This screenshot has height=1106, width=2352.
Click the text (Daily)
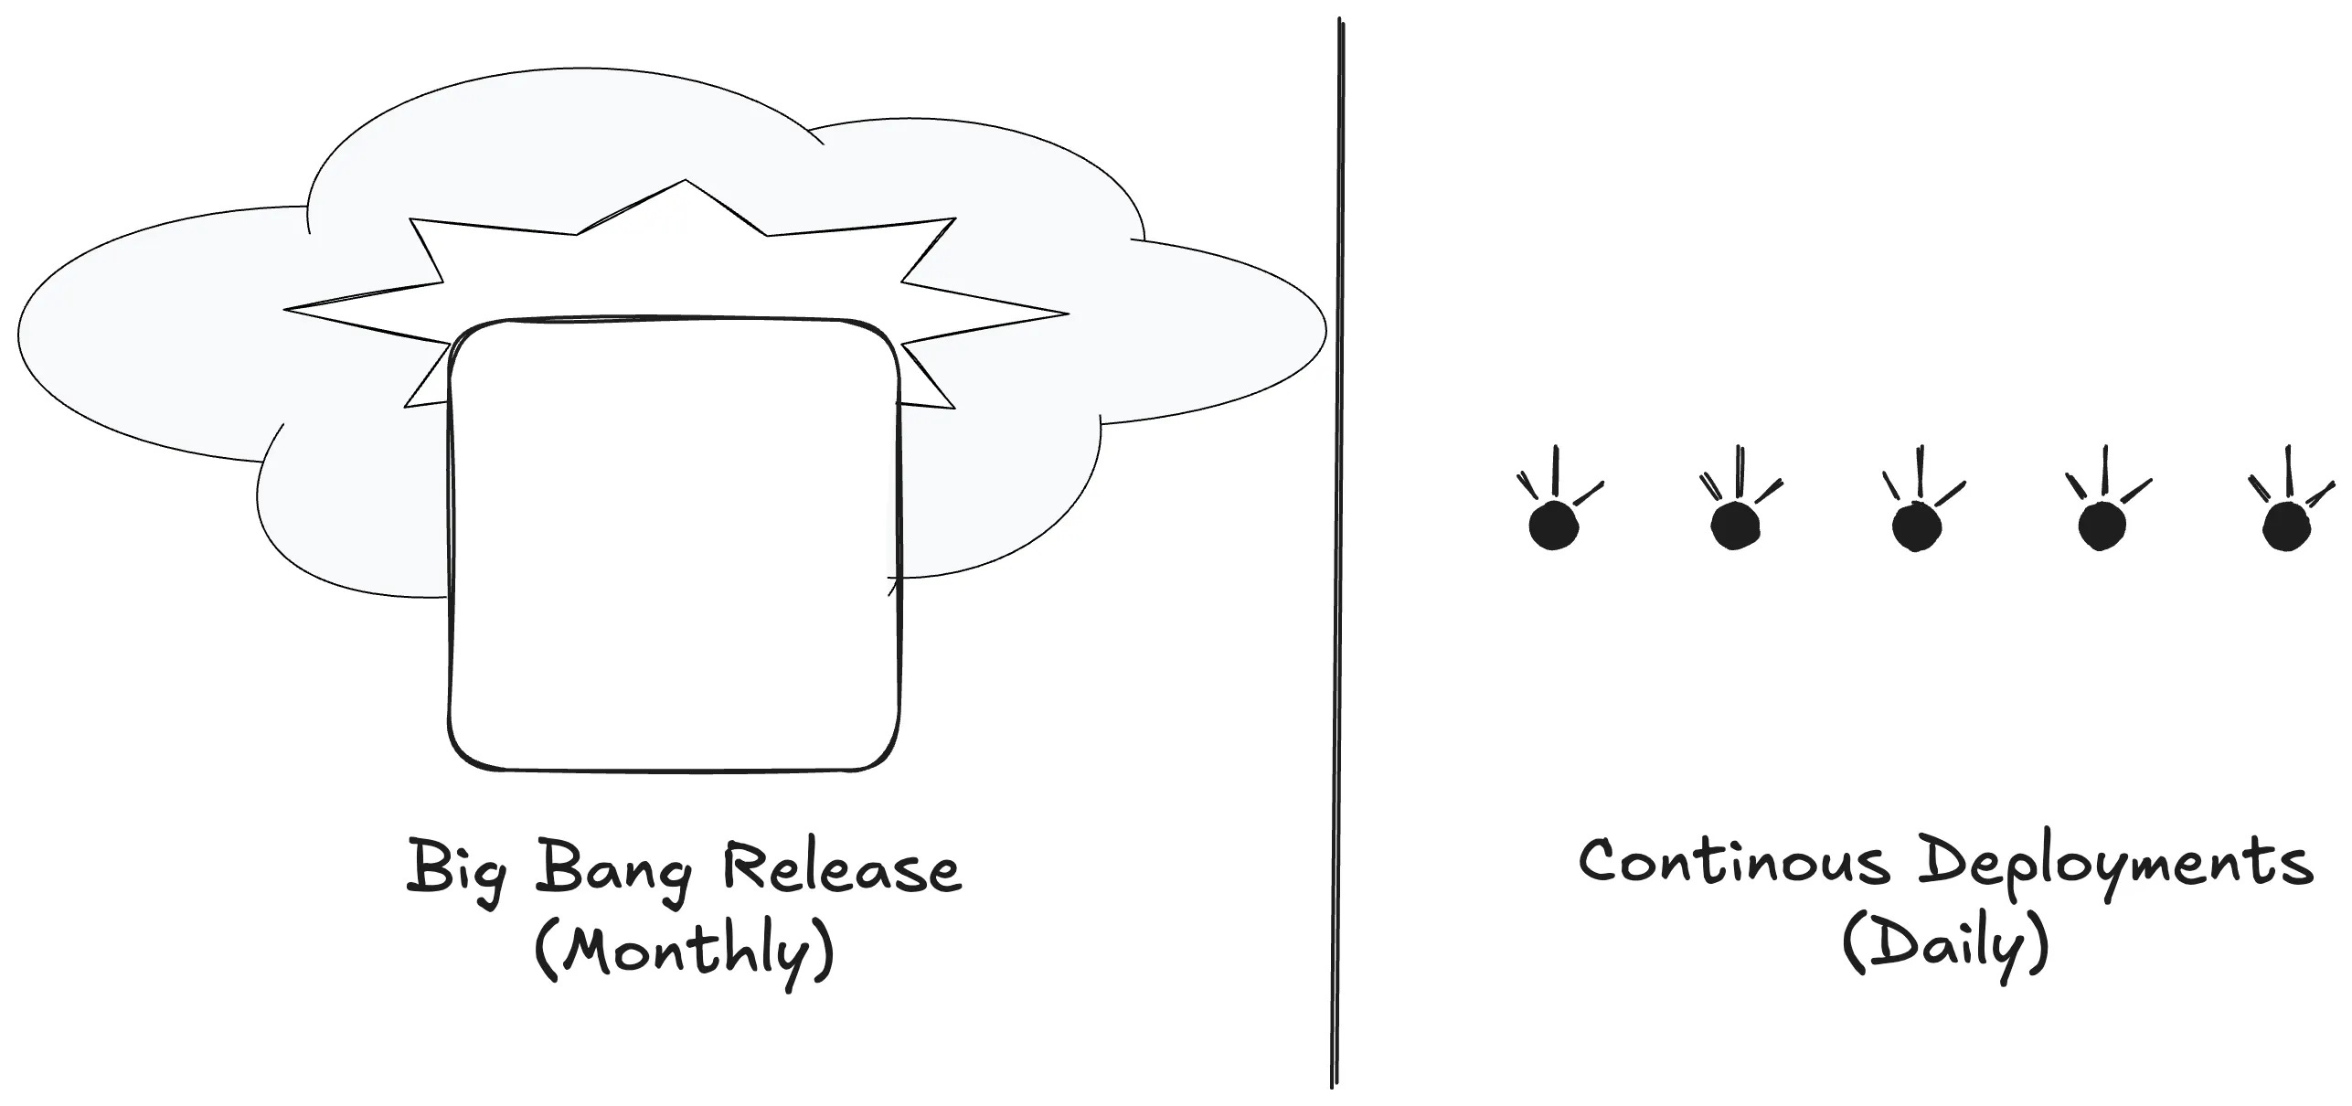1944,950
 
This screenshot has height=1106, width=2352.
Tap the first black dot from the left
1553,526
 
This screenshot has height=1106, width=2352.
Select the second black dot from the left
1734,526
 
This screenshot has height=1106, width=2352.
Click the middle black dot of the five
1915,526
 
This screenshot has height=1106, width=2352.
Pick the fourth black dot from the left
2102,526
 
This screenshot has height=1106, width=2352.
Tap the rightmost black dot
2286,526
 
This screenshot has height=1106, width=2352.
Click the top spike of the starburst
686,183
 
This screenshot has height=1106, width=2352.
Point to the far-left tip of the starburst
289,310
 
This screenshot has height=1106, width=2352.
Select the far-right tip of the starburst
1064,314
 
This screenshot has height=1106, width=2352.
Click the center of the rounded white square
674,545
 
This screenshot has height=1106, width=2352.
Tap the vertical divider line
1337,548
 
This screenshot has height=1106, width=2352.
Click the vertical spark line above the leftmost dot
1556,470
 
